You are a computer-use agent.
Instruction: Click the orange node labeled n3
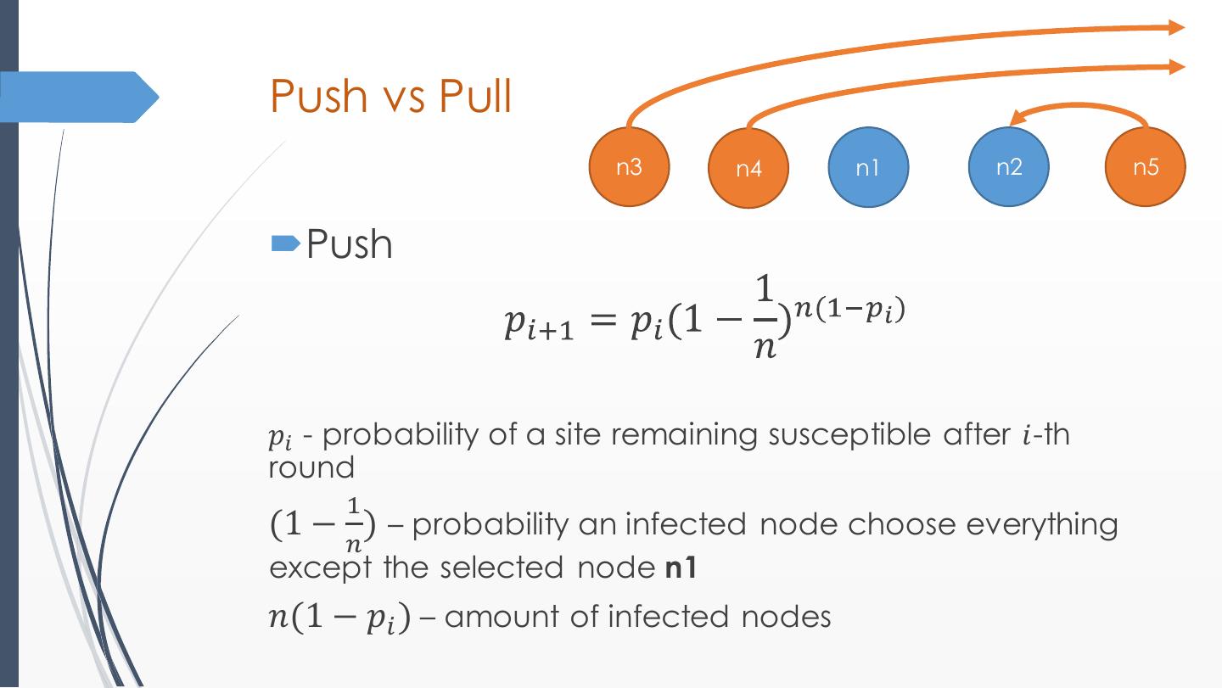630,166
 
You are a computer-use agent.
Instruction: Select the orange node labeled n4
748,168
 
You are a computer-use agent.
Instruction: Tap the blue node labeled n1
868,167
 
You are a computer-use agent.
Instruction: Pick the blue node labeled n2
1009,166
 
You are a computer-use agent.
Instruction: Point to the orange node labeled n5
1145,166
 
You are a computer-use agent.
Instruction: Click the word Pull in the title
475,96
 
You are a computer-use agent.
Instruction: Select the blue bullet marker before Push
284,245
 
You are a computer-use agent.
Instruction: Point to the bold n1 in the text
680,567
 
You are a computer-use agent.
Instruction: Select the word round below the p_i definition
311,467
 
